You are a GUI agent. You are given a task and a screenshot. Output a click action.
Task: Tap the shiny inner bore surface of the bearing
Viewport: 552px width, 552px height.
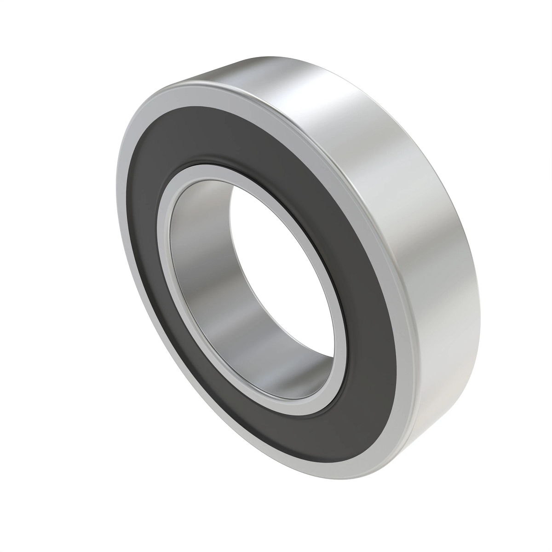[202, 294]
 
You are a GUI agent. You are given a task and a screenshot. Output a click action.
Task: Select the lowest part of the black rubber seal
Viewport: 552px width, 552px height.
[340, 442]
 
